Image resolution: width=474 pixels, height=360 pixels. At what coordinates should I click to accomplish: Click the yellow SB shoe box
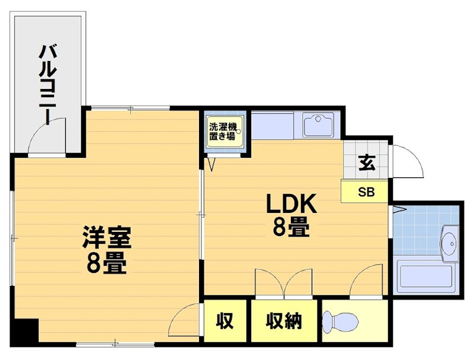click(366, 192)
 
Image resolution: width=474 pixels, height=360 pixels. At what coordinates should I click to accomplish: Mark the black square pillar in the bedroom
click(26, 331)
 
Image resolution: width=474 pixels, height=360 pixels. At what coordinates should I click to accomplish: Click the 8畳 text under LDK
click(291, 227)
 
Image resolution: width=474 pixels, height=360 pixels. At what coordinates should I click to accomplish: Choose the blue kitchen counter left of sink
click(275, 125)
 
